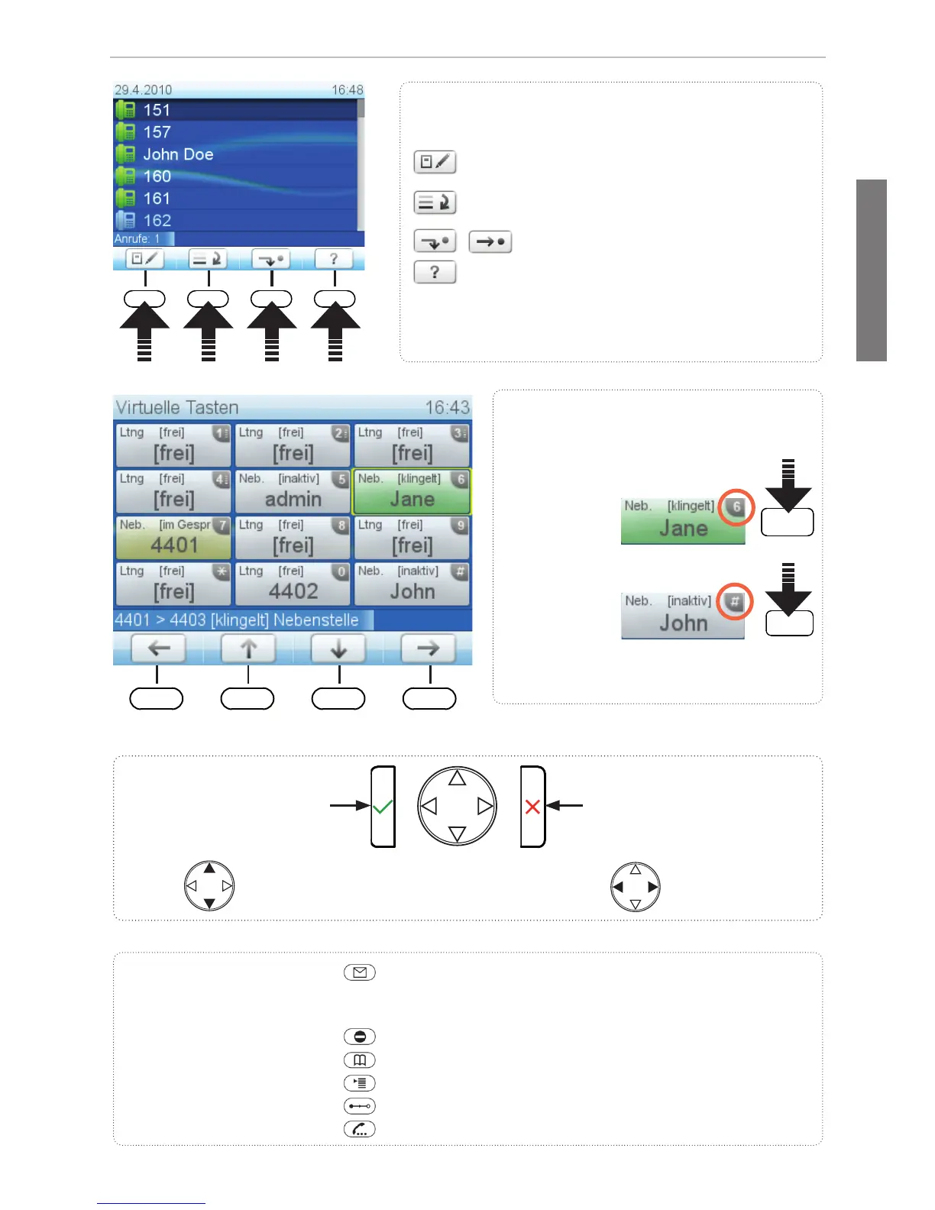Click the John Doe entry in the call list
[178, 154]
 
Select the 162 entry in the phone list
[157, 221]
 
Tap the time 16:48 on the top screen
[347, 90]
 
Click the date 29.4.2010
[143, 90]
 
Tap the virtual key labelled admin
[293, 491]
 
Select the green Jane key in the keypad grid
[412, 491]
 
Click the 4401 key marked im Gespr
[173, 538]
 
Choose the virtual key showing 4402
[293, 584]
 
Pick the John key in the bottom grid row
[412, 584]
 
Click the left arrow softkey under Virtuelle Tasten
[158, 649]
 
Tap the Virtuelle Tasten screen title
[177, 407]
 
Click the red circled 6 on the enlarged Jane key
[736, 506]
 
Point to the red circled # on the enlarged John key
[735, 602]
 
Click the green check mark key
[383, 806]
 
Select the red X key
[533, 807]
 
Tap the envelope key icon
[360, 972]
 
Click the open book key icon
[360, 1060]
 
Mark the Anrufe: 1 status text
[137, 239]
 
